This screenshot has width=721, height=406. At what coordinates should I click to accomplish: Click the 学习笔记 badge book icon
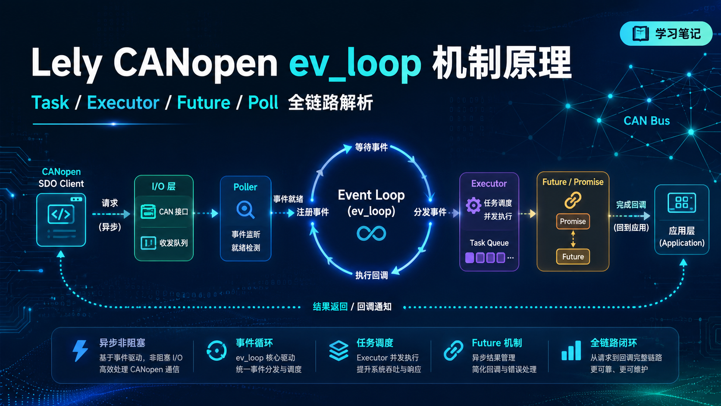(x=640, y=34)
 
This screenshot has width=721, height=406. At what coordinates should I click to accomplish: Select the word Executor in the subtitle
(x=123, y=103)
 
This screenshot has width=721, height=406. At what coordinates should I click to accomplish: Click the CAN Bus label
(x=647, y=121)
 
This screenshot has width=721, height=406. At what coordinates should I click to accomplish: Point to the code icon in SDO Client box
(x=61, y=214)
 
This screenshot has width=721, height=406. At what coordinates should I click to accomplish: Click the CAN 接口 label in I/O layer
(x=173, y=212)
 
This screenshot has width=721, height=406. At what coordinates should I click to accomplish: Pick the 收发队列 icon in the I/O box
(x=148, y=243)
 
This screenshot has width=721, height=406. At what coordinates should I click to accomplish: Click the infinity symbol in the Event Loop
(x=371, y=233)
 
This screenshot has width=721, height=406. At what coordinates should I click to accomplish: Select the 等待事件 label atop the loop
(x=371, y=148)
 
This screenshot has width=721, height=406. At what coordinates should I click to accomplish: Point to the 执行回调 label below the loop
(x=371, y=275)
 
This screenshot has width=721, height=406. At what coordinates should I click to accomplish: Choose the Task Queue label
(x=489, y=243)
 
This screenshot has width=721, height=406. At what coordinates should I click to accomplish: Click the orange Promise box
(x=573, y=221)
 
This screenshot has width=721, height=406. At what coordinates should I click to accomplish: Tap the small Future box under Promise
(x=573, y=257)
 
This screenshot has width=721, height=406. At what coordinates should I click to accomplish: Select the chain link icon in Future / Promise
(x=573, y=200)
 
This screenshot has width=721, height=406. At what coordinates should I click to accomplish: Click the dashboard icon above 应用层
(x=682, y=202)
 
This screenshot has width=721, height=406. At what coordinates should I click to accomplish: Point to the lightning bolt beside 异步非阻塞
(x=80, y=351)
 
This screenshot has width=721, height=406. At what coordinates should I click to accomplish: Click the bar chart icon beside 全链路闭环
(x=571, y=351)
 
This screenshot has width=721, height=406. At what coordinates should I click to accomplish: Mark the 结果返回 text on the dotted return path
(x=330, y=307)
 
